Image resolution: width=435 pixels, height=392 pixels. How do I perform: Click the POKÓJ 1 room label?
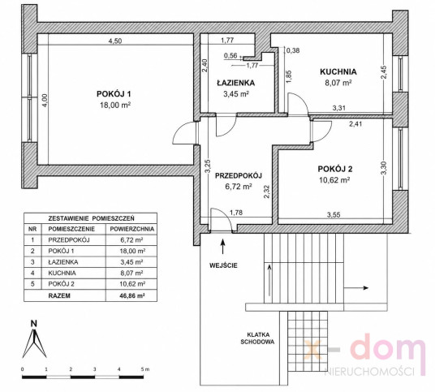(x=114, y=94)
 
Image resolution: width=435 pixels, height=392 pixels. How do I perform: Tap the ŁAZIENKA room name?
(x=236, y=83)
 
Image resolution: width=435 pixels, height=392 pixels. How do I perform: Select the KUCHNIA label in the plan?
(x=338, y=72)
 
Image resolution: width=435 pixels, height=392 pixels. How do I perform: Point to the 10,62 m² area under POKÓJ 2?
(x=334, y=180)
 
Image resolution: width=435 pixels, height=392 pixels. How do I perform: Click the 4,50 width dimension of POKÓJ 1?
(x=115, y=41)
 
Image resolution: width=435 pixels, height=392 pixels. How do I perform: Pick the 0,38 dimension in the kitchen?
(x=293, y=50)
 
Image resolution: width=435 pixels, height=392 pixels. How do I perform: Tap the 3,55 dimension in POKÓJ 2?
(x=334, y=215)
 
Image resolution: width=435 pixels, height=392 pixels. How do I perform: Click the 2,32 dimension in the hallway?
(x=267, y=192)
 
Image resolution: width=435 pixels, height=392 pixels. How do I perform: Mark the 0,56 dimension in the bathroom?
(x=230, y=56)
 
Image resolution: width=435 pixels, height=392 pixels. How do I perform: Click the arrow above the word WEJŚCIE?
(x=222, y=246)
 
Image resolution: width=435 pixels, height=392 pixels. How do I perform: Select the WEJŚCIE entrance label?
(x=223, y=265)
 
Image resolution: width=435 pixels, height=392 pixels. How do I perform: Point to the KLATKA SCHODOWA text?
(x=257, y=338)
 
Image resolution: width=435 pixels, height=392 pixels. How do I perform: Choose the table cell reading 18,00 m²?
(x=132, y=251)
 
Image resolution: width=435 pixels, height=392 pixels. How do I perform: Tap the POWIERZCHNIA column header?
(x=132, y=229)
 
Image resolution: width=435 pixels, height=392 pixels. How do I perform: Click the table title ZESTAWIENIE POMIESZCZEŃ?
(x=91, y=218)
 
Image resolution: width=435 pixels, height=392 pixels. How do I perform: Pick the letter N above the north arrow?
(x=34, y=324)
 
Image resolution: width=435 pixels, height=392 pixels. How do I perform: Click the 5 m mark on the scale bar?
(x=145, y=369)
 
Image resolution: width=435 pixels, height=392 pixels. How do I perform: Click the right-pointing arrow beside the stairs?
(x=356, y=288)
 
